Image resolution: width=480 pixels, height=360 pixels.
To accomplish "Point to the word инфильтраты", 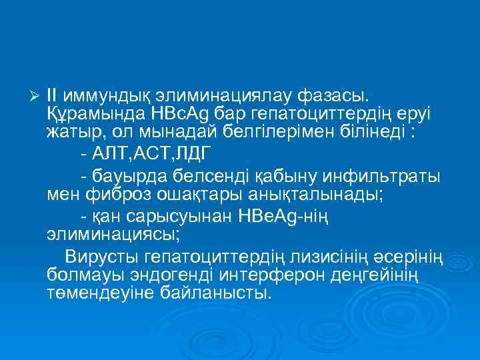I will [x=379, y=177].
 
